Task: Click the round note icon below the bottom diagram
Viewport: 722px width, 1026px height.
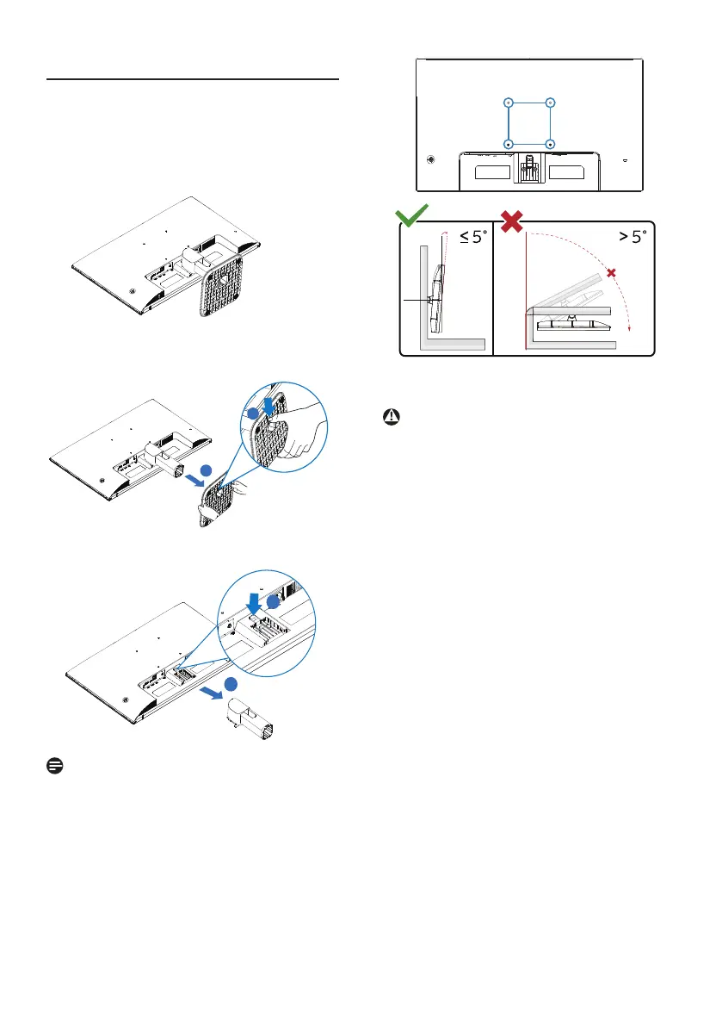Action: (52, 766)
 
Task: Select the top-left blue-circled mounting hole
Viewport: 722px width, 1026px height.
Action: (509, 103)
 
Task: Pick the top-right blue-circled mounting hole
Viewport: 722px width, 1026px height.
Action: (550, 103)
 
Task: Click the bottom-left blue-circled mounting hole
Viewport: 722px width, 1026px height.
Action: (509, 143)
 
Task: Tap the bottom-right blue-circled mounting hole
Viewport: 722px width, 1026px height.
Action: (550, 143)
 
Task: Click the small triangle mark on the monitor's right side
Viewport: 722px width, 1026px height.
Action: (625, 160)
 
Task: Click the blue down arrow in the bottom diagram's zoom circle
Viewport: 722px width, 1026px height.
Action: (255, 601)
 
